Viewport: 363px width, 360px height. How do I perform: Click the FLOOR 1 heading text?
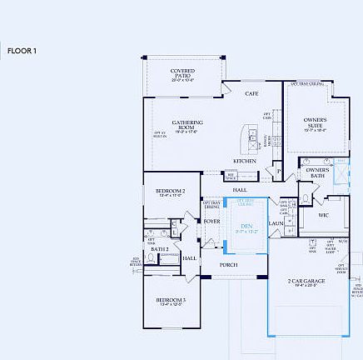[22, 52]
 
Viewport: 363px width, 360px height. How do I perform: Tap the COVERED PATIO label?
[182, 72]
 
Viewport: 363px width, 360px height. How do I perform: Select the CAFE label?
[251, 93]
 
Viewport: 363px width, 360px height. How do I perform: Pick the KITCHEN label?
[244, 160]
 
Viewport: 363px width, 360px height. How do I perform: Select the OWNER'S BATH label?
[317, 172]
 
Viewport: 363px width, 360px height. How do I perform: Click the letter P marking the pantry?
[279, 172]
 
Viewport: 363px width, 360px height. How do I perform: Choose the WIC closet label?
[324, 215]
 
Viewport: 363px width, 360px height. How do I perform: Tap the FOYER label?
[211, 221]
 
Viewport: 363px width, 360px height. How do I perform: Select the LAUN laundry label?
[275, 223]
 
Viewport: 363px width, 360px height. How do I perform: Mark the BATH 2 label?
[160, 248]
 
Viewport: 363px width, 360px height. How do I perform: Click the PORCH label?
[228, 264]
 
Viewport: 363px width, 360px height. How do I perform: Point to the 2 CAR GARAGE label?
[306, 282]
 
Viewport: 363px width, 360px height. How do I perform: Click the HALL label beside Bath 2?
[189, 257]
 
